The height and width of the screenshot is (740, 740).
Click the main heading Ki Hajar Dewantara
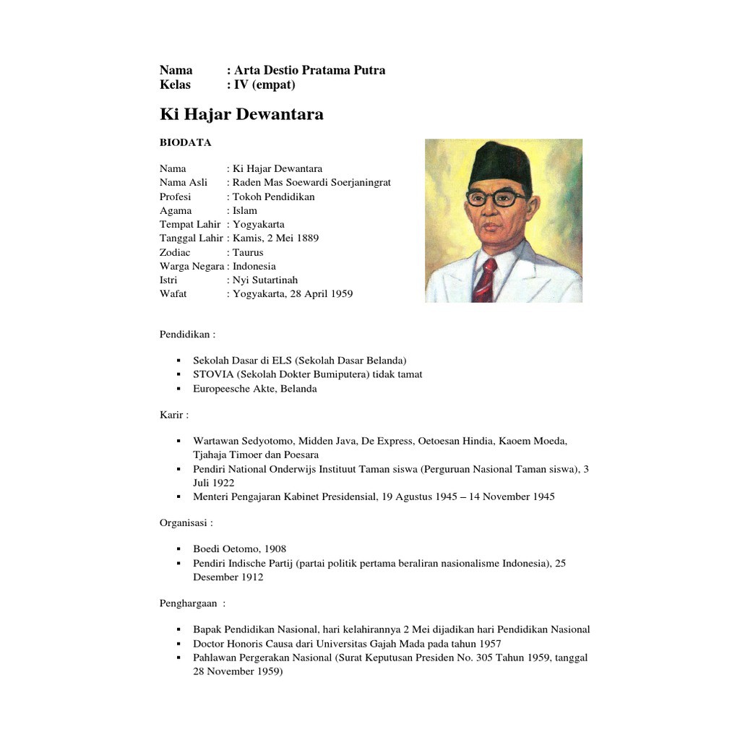coord(241,114)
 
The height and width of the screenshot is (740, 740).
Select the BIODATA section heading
coord(186,142)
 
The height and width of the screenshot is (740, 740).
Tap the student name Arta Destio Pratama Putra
coord(309,70)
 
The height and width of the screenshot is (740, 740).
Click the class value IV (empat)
coord(264,85)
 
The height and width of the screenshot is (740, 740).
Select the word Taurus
coord(248,252)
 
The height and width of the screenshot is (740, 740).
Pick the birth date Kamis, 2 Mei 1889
coord(275,238)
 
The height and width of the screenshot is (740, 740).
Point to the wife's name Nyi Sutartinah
coord(265,280)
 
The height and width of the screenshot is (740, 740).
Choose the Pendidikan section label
coord(187,334)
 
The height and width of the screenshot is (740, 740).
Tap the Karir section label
coord(174,415)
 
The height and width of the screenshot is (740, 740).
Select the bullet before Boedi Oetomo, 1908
coord(178,549)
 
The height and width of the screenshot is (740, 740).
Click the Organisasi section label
coord(186,522)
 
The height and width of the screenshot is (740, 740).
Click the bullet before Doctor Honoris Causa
coord(178,644)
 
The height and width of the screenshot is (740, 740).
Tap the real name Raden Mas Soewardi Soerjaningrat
coord(311,182)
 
